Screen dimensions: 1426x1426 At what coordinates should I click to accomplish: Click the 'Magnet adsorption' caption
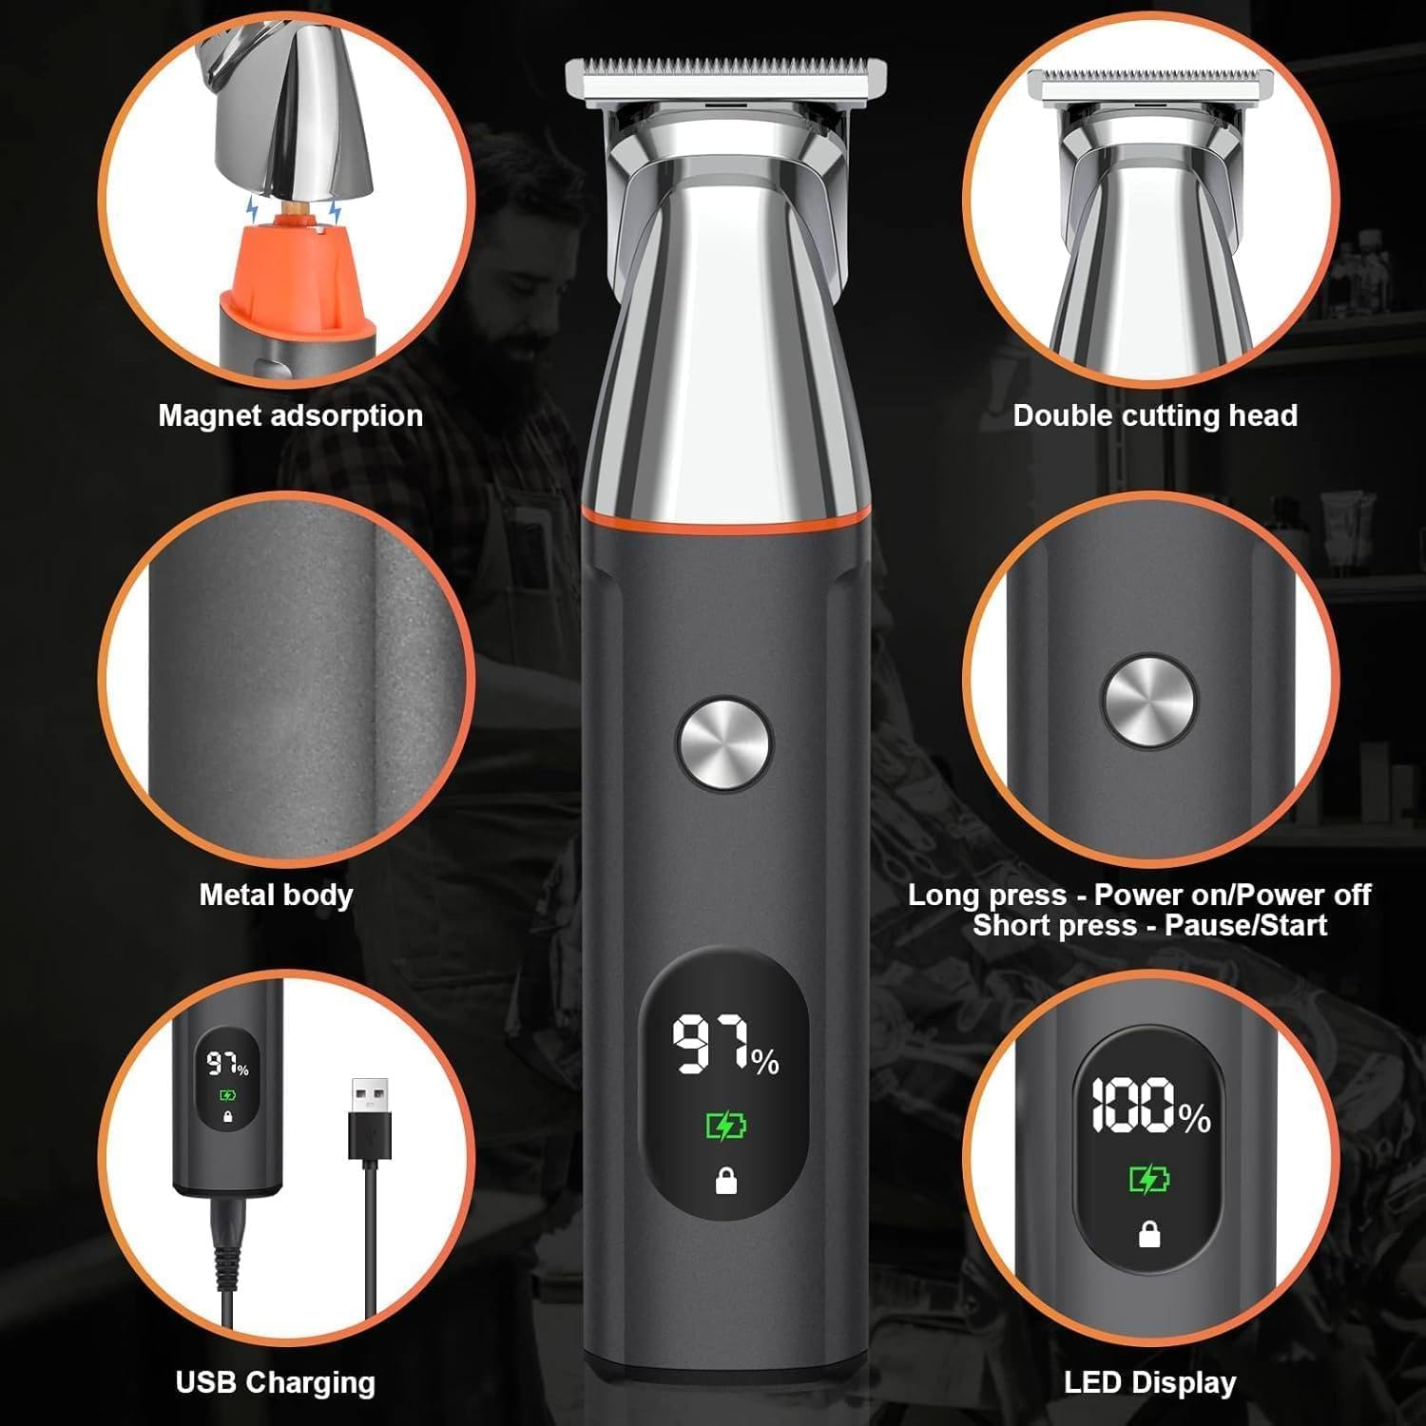[290, 415]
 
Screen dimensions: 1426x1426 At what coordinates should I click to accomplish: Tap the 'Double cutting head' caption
[1155, 415]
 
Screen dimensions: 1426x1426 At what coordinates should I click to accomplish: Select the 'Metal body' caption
[276, 895]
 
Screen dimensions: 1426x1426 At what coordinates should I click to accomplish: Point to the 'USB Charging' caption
[276, 1382]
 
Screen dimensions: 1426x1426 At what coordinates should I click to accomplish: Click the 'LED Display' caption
[1150, 1382]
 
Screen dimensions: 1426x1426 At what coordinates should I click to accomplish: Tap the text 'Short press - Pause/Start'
[1149, 925]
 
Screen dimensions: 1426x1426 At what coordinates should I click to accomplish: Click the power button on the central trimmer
[724, 744]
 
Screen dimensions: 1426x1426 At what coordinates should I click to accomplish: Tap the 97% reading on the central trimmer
[725, 1047]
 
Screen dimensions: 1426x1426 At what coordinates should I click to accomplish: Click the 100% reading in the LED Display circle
[1149, 1107]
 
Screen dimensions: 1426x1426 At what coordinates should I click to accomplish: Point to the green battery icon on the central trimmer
[726, 1127]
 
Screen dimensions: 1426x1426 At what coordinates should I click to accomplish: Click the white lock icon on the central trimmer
[726, 1182]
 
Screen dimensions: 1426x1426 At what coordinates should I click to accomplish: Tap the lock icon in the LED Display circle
[1149, 1234]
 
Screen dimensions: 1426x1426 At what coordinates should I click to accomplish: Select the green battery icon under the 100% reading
[1149, 1180]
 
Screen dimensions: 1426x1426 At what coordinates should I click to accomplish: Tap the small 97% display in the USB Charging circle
[228, 1065]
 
